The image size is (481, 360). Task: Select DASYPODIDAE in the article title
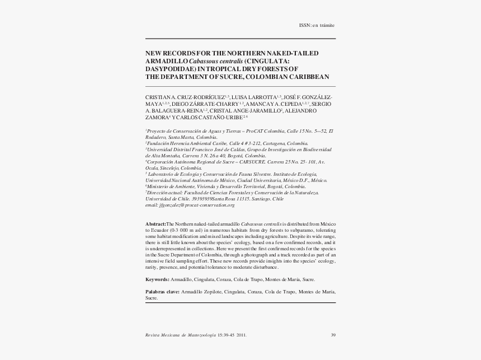point(168,69)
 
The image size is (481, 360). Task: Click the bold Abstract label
point(156,223)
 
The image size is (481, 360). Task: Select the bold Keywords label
point(157,278)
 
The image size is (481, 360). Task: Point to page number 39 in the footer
point(333,335)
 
